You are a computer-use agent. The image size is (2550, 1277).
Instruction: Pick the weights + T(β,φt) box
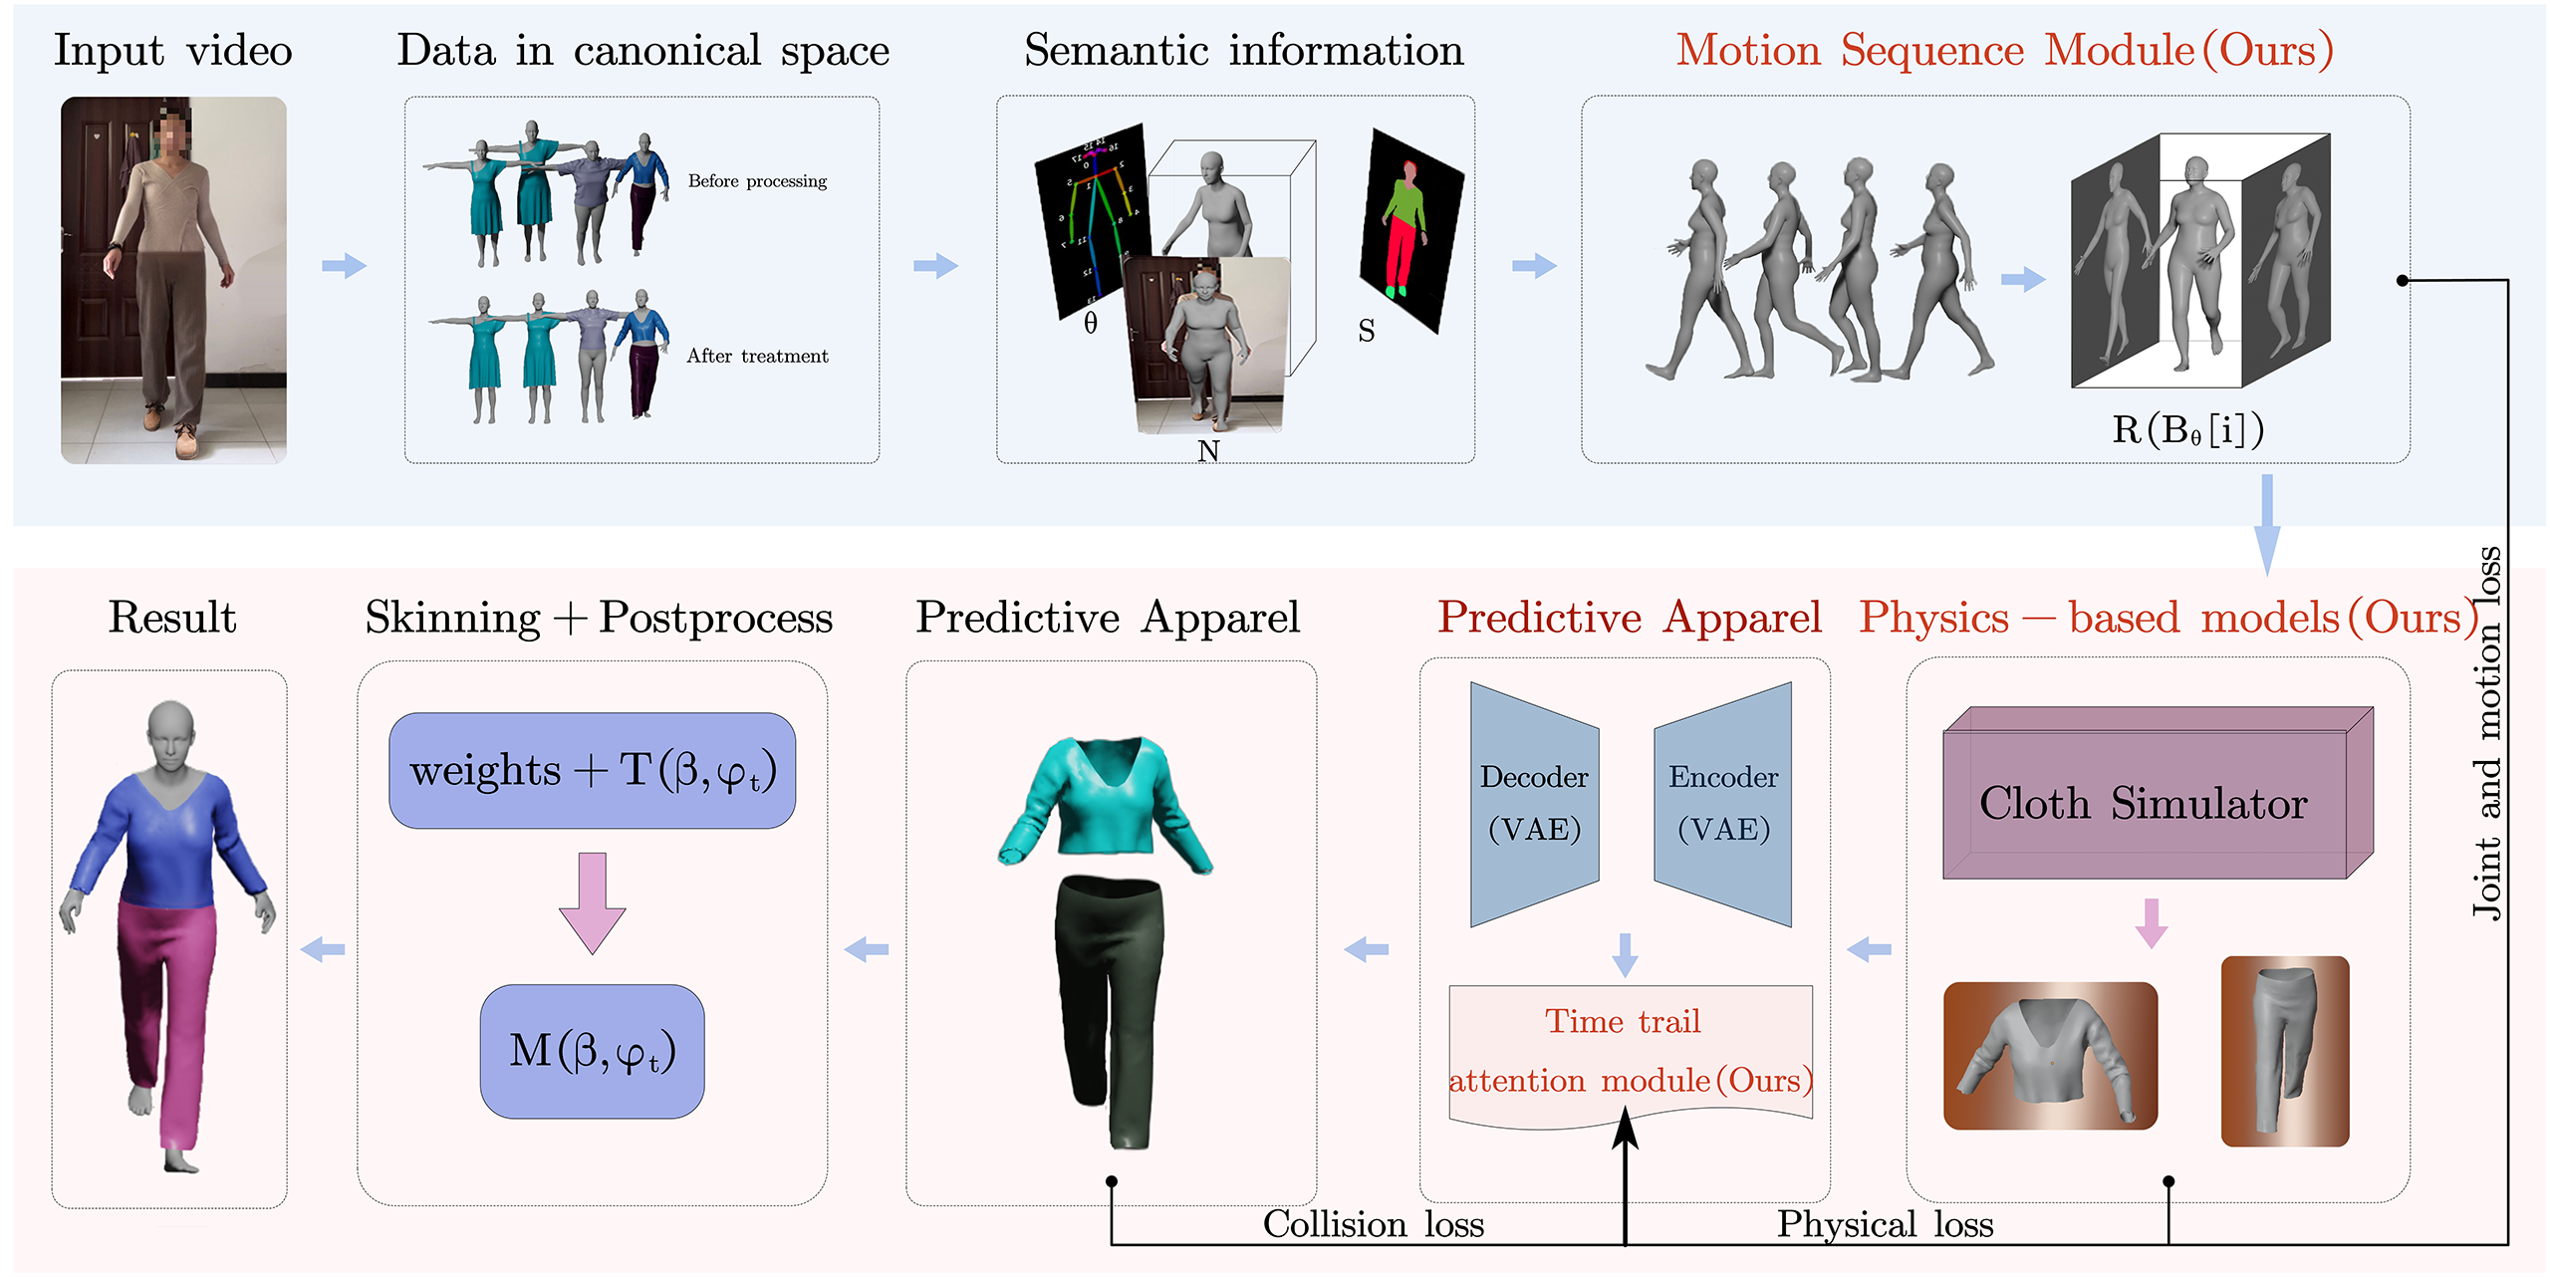[592, 771]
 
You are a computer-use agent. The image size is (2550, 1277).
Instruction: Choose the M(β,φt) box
[592, 1051]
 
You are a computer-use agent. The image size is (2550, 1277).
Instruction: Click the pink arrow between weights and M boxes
[592, 902]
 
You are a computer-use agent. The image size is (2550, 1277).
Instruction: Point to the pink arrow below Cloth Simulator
[2152, 922]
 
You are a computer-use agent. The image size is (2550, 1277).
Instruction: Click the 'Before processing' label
[757, 181]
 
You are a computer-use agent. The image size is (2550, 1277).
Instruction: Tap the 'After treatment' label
[757, 356]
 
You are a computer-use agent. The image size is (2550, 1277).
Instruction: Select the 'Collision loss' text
[1373, 1224]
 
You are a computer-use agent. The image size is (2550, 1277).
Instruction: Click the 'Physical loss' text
[1885, 1224]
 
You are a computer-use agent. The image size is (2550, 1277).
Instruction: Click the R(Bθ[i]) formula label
[2187, 430]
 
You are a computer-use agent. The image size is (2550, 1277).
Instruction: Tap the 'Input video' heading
[172, 51]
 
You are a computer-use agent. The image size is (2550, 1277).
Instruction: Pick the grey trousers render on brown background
[2284, 1051]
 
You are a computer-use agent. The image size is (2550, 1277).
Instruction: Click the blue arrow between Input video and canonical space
[344, 266]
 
